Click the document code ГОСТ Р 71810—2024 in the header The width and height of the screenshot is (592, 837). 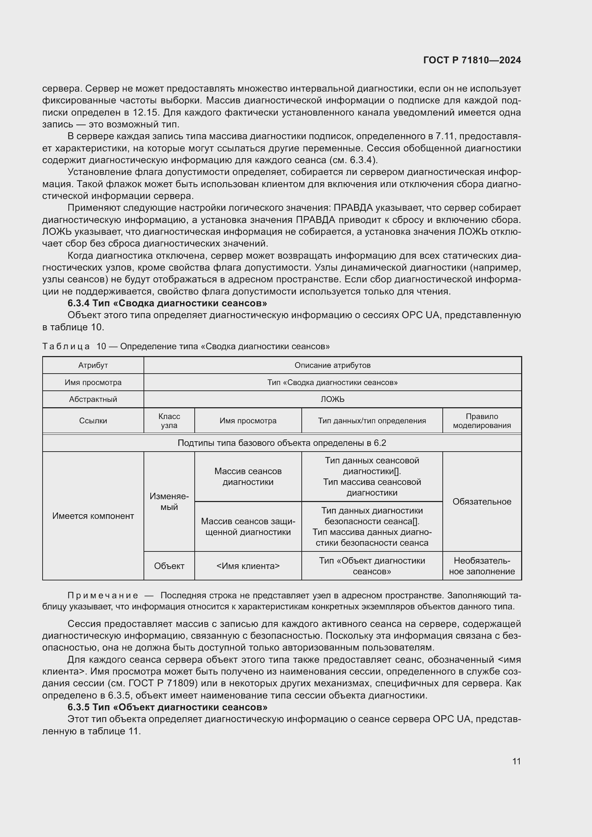[472, 60]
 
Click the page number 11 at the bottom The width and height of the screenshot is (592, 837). [516, 761]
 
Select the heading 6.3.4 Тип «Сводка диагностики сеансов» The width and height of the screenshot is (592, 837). [167, 303]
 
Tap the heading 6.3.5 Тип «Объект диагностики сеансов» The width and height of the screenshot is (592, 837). [167, 707]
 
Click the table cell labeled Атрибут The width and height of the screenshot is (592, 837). [93, 365]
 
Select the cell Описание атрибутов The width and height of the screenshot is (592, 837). [332, 365]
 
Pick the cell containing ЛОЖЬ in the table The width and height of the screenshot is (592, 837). [332, 399]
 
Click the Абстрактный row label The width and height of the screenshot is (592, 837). [93, 399]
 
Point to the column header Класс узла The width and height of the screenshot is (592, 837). [169, 421]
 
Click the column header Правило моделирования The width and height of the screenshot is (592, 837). [481, 421]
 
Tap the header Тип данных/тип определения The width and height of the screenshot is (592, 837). [372, 421]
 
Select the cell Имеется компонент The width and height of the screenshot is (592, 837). [93, 516]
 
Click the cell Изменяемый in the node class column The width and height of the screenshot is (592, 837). [169, 502]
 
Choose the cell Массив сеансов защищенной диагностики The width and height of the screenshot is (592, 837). [248, 526]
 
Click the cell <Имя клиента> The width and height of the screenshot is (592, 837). [248, 566]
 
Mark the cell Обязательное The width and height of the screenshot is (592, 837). [481, 502]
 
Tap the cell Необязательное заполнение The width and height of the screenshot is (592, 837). [481, 566]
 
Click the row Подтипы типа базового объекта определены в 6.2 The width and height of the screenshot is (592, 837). [281, 443]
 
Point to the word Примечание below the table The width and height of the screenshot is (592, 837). [103, 596]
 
